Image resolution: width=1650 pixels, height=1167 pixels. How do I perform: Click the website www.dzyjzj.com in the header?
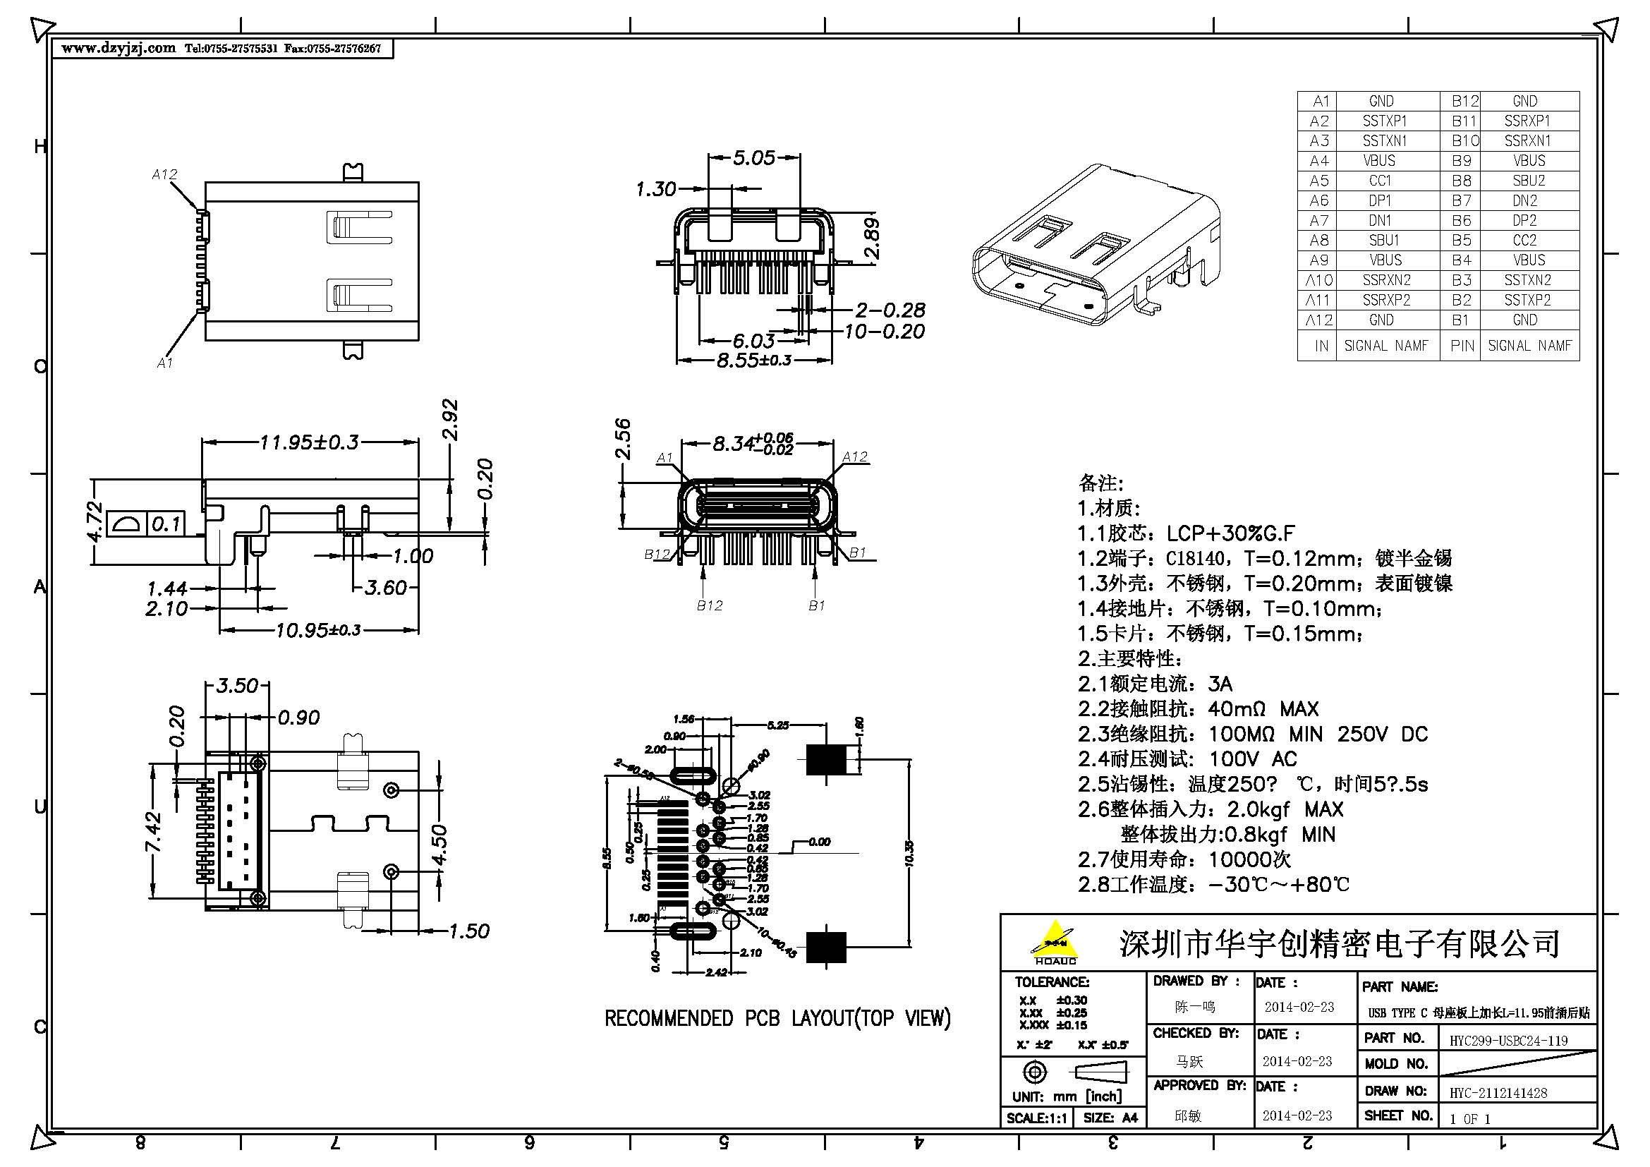tap(118, 48)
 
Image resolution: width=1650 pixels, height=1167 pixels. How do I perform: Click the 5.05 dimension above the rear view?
tap(753, 157)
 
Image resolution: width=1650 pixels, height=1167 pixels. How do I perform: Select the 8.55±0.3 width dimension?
tap(753, 360)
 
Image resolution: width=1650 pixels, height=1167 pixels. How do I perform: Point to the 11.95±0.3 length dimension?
tap(309, 442)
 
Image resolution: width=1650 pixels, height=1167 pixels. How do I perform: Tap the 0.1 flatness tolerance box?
tap(165, 524)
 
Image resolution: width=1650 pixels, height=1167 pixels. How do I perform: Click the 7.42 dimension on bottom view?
tap(154, 833)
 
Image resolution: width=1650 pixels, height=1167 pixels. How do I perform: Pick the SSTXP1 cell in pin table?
tap(1384, 121)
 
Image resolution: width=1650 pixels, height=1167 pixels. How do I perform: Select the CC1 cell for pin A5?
tap(1380, 181)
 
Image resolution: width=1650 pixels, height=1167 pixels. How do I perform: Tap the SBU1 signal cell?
tap(1383, 240)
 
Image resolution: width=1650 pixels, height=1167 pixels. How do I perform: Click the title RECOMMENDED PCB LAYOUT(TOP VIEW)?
tap(777, 1018)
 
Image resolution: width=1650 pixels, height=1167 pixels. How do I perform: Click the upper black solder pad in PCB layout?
tap(825, 760)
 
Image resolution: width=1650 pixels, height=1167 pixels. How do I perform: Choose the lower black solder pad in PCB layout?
tap(826, 947)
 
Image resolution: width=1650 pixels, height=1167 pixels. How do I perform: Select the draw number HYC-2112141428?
tap(1498, 1093)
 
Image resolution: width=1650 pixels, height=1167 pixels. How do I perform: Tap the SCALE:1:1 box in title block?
tap(1036, 1118)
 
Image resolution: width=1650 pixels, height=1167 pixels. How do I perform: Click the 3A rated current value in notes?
tap(1220, 684)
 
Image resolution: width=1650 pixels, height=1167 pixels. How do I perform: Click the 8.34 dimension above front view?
tap(733, 444)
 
